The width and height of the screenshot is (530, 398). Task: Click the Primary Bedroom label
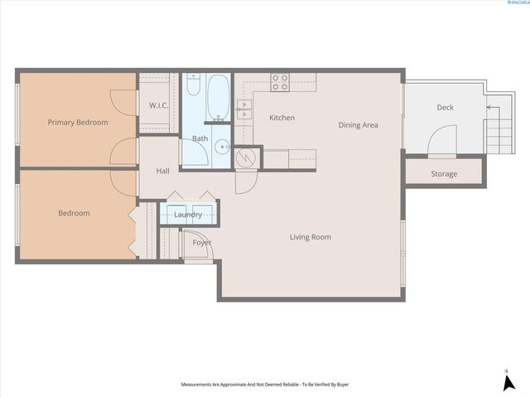[78, 123]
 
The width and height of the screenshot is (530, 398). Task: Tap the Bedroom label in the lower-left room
[74, 213]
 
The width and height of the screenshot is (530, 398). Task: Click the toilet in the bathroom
[192, 86]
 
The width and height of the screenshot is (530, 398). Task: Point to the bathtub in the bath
[219, 99]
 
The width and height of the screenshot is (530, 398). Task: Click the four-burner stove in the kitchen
[281, 81]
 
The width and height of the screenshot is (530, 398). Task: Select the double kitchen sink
[244, 106]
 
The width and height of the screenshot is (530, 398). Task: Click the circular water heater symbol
[246, 157]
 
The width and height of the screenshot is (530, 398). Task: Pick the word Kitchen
[282, 118]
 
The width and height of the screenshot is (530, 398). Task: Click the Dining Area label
[359, 125]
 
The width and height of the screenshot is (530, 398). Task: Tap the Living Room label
[311, 237]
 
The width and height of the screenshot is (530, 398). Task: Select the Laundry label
[189, 215]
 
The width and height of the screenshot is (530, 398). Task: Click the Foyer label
[202, 243]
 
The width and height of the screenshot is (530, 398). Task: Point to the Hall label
[163, 171]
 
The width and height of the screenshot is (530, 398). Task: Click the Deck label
[445, 108]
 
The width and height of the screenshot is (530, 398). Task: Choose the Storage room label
[444, 174]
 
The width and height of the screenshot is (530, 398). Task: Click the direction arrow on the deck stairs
[489, 107]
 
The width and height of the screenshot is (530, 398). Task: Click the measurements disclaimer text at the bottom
[264, 385]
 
